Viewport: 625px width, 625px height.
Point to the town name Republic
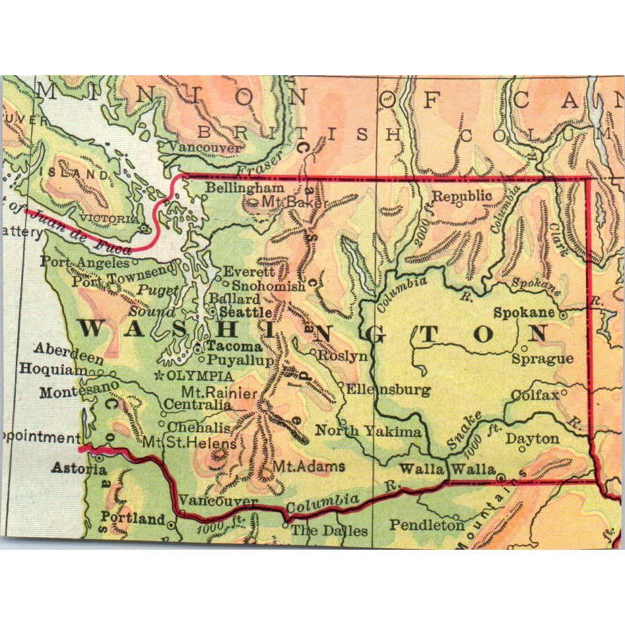pyautogui.click(x=462, y=196)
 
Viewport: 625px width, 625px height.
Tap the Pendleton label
pyautogui.click(x=427, y=525)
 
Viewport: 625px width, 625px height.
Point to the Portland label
pyautogui.click(x=133, y=519)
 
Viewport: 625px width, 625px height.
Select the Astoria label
pyautogui.click(x=79, y=469)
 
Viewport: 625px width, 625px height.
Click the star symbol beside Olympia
pyautogui.click(x=158, y=376)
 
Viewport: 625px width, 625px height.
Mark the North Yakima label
pyautogui.click(x=368, y=431)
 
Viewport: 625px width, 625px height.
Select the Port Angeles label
pyautogui.click(x=84, y=262)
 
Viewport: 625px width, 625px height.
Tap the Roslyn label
pyautogui.click(x=342, y=355)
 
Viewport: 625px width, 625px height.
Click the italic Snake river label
pyautogui.click(x=463, y=428)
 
